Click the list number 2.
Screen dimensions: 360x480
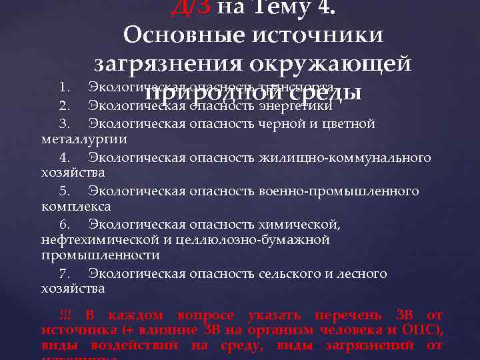(x=64, y=105)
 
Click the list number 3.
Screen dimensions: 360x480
(x=64, y=123)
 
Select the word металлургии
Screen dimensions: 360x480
(x=83, y=139)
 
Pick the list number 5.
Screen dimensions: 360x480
(x=64, y=191)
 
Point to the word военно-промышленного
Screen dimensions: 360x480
(x=351, y=191)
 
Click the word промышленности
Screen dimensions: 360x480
(x=100, y=255)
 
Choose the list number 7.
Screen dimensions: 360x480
(x=64, y=274)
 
